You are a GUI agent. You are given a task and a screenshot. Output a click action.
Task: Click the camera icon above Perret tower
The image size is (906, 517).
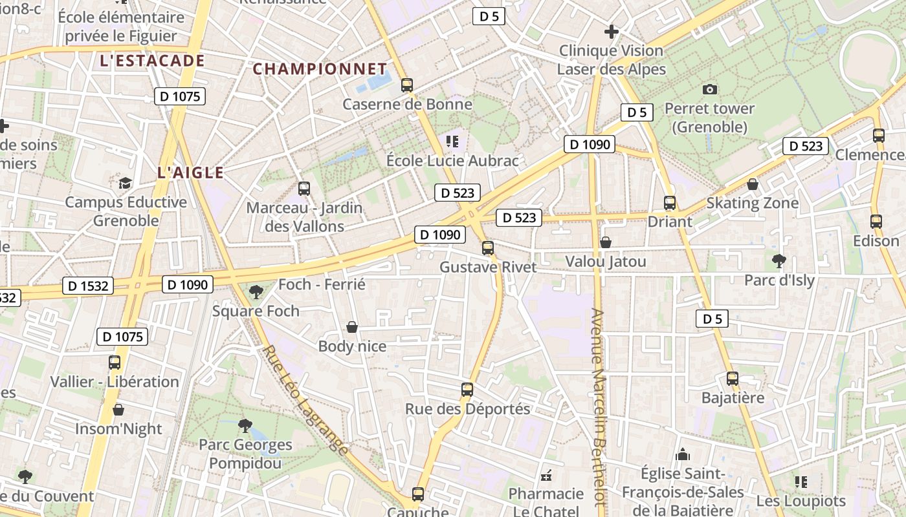point(710,89)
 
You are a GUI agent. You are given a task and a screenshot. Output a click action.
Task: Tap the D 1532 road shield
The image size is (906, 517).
point(88,286)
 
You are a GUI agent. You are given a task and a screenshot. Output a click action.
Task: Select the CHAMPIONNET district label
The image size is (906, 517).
point(320,69)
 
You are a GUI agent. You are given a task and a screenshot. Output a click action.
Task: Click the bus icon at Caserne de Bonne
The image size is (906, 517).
point(406,85)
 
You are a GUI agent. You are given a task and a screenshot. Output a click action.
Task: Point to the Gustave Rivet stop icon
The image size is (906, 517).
point(488,248)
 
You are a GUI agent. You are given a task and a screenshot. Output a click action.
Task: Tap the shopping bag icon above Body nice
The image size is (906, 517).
point(352,327)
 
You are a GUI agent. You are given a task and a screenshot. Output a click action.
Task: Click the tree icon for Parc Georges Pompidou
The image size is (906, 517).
point(245,425)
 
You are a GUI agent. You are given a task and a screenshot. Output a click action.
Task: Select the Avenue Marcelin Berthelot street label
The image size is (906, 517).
point(598,407)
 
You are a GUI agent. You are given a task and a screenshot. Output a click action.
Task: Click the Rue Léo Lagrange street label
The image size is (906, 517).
point(306,401)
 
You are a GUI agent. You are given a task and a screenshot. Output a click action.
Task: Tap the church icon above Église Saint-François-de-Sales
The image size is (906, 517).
point(682,455)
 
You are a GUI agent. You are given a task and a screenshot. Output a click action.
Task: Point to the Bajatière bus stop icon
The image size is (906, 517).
point(733,379)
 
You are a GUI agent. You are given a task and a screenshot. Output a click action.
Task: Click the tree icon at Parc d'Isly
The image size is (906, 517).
point(779,261)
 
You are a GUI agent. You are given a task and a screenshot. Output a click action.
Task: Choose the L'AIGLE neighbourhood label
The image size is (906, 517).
point(190,173)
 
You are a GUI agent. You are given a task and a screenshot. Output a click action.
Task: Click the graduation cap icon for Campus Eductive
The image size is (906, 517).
point(125,183)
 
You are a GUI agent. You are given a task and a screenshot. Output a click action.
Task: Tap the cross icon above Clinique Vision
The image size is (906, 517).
point(611,31)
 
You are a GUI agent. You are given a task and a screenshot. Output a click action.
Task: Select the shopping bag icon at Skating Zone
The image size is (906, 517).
point(753,184)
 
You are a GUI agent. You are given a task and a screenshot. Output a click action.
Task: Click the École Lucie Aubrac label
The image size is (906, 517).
point(452,160)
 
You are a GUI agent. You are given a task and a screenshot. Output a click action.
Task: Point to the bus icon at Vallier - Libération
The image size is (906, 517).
point(115,362)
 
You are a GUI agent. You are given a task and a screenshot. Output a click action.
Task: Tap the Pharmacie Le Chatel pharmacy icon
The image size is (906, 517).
point(546,475)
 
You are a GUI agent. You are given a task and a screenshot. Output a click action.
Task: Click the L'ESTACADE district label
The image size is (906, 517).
point(152,61)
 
